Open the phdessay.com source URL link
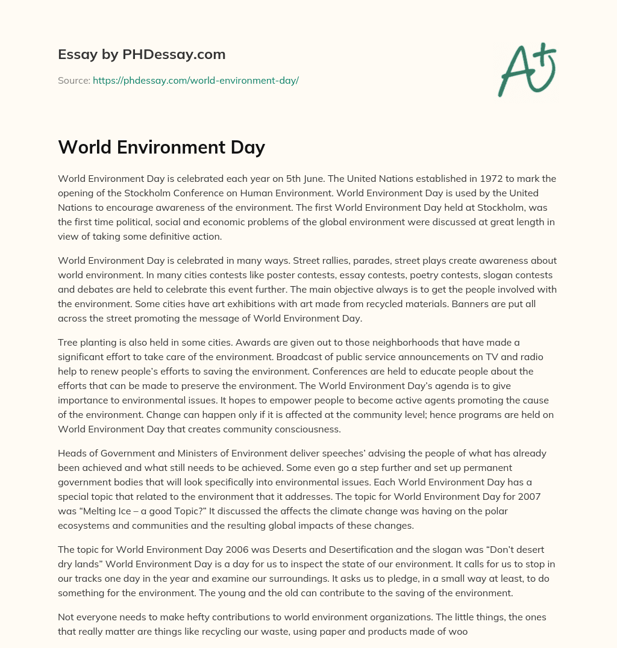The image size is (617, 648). tap(196, 80)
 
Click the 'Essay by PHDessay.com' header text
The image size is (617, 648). tap(142, 54)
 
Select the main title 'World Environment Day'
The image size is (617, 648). tap(161, 147)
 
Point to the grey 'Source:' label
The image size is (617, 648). tap(74, 80)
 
